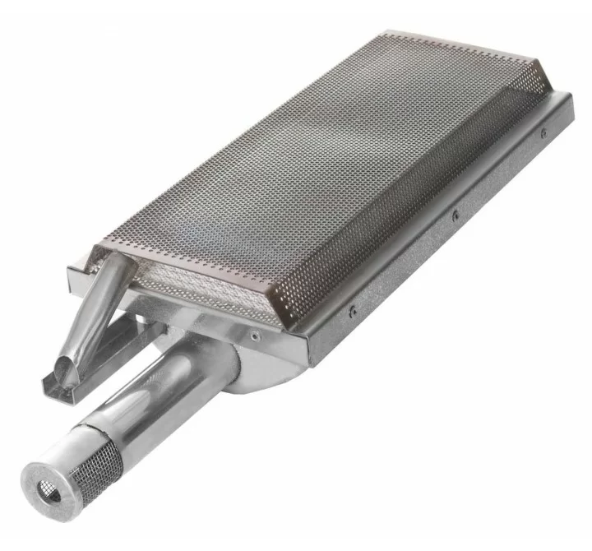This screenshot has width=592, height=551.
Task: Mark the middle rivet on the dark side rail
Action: coord(455,216)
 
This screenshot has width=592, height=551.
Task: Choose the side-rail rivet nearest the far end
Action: coord(542,132)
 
